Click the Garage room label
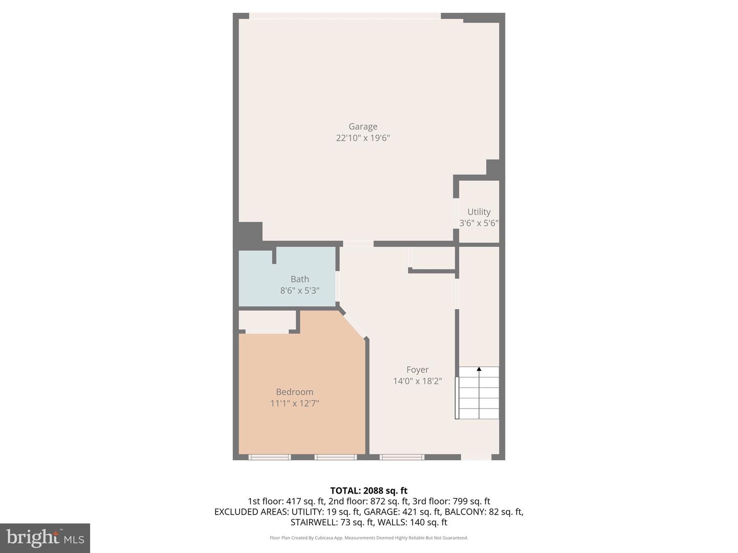tap(363, 126)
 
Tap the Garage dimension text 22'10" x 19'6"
tap(363, 138)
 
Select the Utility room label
tap(479, 211)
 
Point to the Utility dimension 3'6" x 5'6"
tap(479, 223)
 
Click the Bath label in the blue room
tap(300, 279)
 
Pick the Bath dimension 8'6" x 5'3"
tap(300, 290)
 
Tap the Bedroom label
tap(295, 392)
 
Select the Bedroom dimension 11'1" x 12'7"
tap(295, 403)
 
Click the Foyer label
tap(417, 370)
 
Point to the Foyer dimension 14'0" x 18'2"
tap(417, 381)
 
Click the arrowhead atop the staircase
tap(479, 369)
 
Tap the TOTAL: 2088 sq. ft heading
tap(368, 491)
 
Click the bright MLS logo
tap(45, 538)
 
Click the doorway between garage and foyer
tap(358, 244)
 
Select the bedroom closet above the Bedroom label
tap(268, 321)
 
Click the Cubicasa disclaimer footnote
tap(368, 538)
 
